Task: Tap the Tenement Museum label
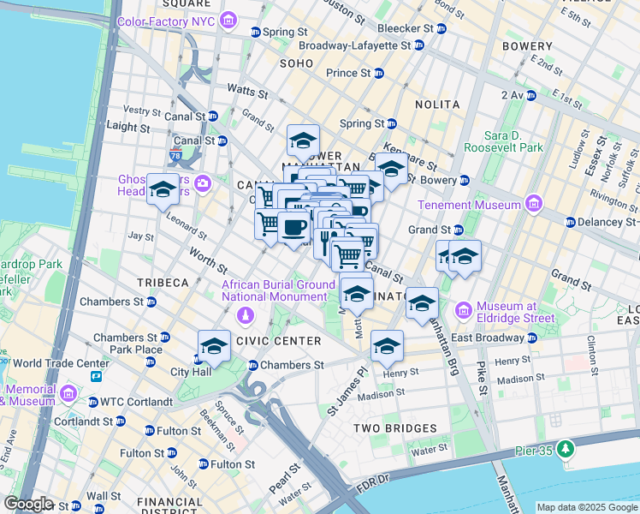click(469, 205)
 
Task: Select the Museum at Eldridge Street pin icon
click(465, 308)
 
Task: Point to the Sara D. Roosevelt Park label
click(503, 141)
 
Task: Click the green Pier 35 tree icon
click(565, 448)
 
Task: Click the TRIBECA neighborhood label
click(160, 282)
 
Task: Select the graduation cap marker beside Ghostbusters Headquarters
click(162, 190)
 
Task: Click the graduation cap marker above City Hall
click(214, 346)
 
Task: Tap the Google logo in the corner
click(27, 504)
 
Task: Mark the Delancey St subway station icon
click(571, 222)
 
